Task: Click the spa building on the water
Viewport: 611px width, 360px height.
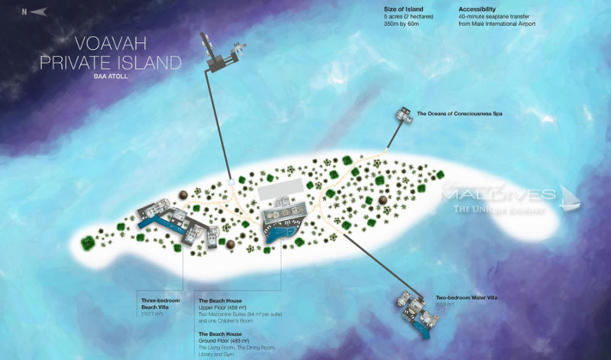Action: point(402,115)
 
